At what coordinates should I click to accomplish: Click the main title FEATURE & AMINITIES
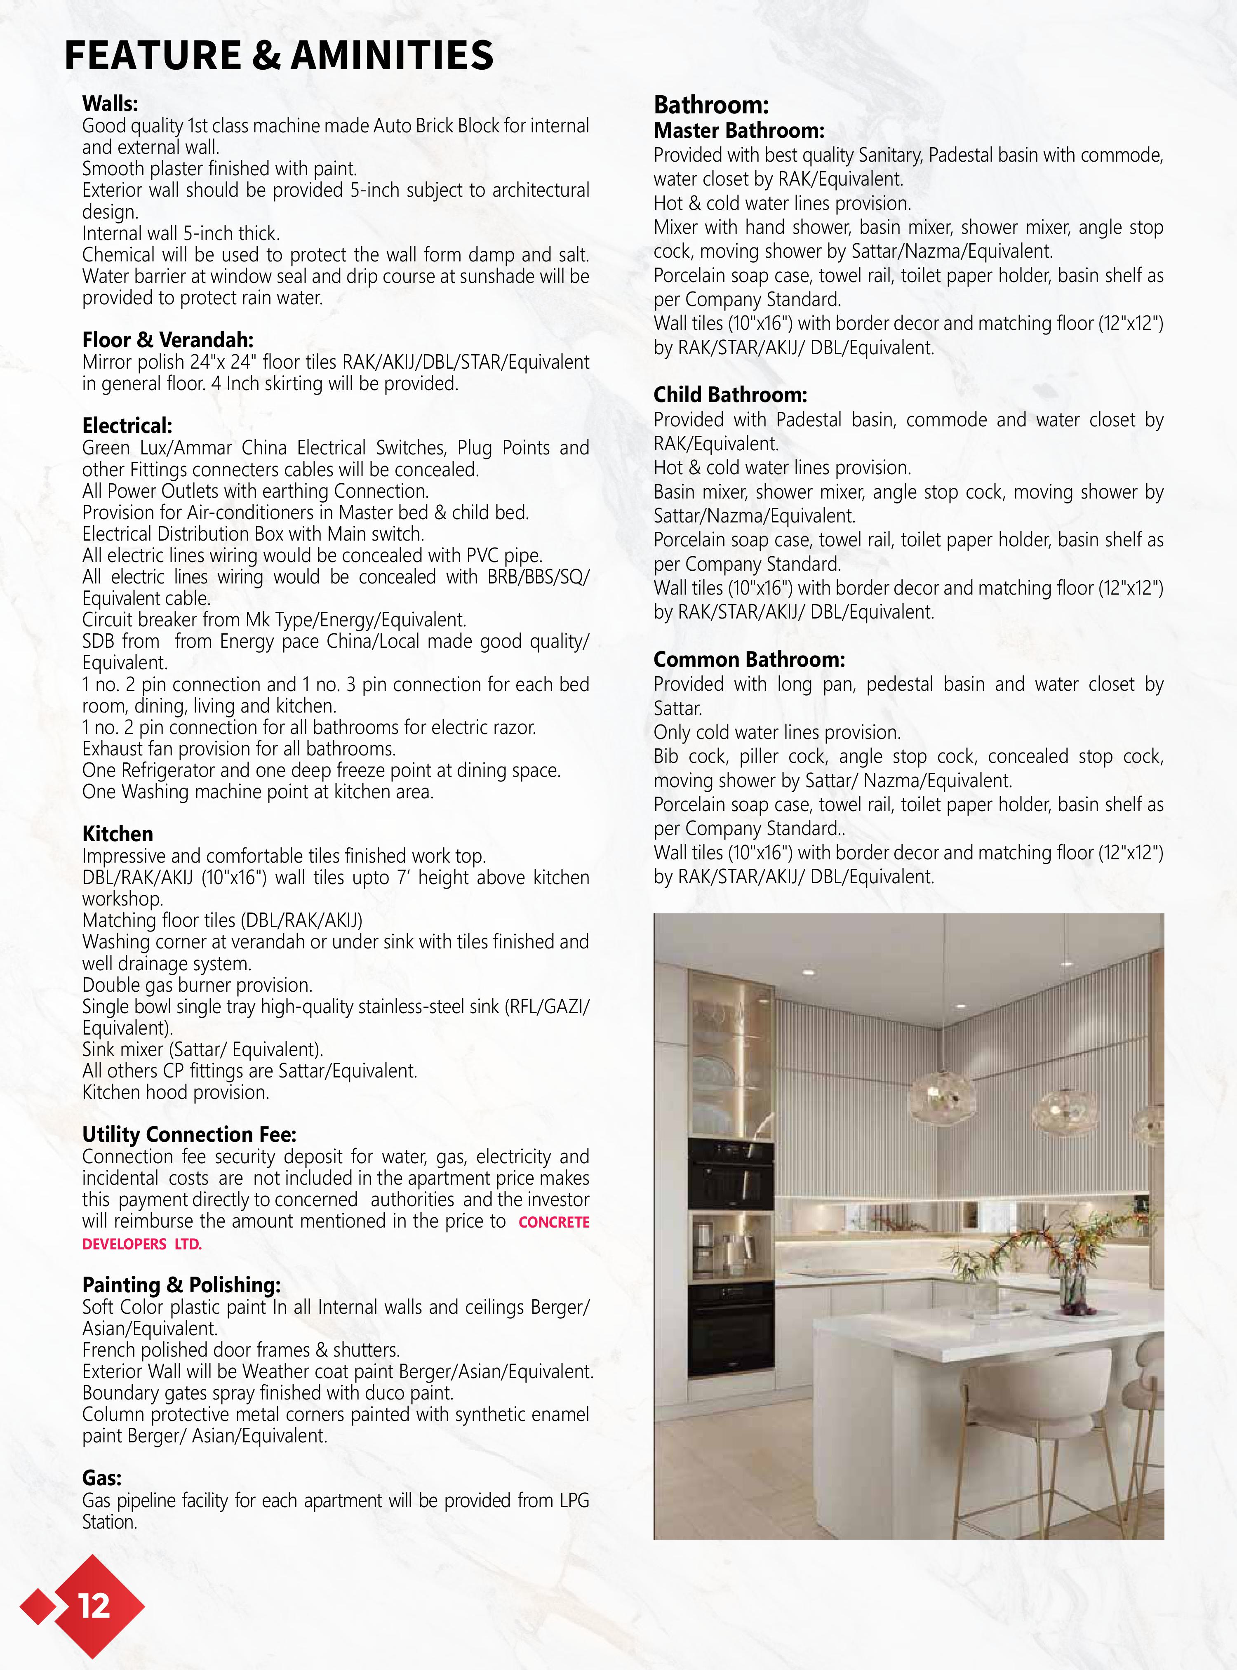tap(279, 55)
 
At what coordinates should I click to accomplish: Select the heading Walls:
tap(110, 103)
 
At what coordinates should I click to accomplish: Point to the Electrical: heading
tap(127, 426)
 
